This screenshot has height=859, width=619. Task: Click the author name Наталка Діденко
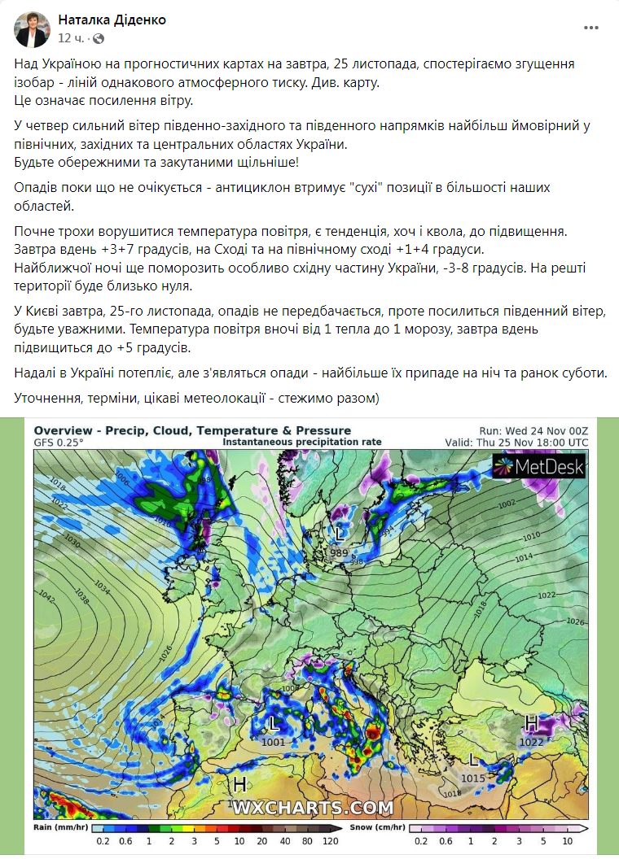pos(112,20)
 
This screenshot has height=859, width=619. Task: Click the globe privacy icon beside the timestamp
pos(99,38)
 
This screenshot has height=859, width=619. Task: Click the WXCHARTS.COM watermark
pos(314,809)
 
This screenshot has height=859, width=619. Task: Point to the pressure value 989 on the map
pos(340,553)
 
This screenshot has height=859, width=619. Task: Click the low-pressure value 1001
pos(274,742)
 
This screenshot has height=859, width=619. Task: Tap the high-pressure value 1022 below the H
pos(531,742)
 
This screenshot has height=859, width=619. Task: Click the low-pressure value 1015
pos(473,778)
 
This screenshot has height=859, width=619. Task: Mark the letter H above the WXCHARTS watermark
pos(239,784)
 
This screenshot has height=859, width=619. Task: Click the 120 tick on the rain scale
pos(331,842)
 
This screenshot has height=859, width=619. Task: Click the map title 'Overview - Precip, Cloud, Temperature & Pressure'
pos(192,430)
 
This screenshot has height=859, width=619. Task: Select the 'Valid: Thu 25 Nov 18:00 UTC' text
pos(516,443)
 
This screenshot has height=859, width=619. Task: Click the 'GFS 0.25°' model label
pos(59,442)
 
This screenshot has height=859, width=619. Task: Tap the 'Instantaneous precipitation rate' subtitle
pos(302,442)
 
